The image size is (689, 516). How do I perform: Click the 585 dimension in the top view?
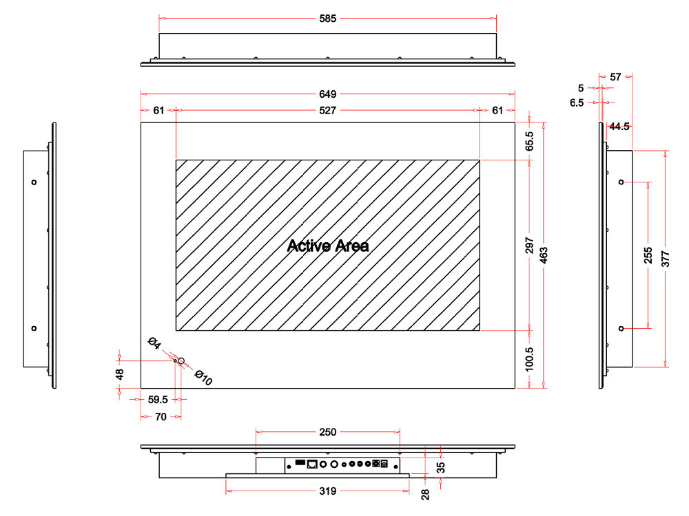tap(328, 19)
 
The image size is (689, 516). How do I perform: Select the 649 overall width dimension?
tap(328, 94)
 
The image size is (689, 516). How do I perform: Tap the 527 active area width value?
tap(328, 111)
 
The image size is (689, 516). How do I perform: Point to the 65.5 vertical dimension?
tap(529, 141)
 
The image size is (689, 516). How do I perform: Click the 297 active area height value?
tap(529, 246)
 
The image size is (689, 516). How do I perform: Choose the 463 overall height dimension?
tap(544, 255)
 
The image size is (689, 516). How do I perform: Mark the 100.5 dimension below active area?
tap(529, 359)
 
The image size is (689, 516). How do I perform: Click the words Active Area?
tap(328, 246)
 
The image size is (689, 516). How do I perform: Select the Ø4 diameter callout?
tap(154, 343)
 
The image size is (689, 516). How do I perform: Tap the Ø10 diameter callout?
tap(203, 377)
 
